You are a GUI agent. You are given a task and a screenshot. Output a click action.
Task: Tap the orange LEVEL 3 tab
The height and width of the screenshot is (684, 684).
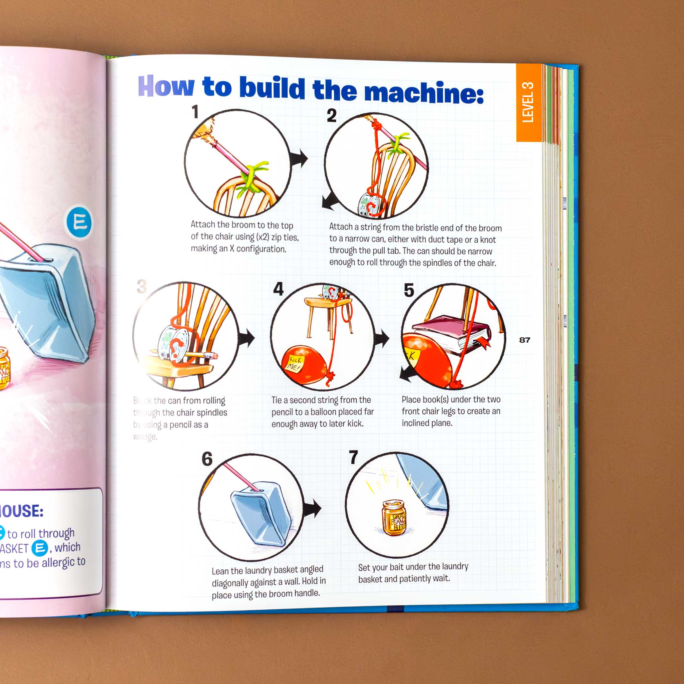point(528,103)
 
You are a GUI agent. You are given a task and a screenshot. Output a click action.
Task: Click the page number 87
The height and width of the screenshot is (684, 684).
point(524,340)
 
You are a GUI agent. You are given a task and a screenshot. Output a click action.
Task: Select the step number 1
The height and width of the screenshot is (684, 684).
point(195,112)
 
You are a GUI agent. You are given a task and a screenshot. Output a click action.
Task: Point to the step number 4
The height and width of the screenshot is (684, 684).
point(278,289)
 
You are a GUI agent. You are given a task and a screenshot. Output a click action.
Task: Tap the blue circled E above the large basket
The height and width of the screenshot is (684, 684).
point(79,222)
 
